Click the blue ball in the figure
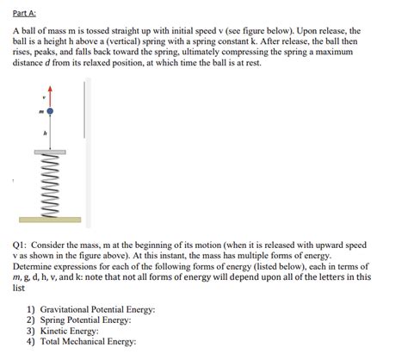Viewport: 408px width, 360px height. (50, 111)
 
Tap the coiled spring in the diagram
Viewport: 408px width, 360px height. (50, 184)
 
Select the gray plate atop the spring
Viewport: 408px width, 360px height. (50, 151)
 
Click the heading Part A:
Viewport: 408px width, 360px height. (27, 12)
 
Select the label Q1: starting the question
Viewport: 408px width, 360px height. (21, 245)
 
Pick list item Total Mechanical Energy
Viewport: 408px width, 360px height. (88, 342)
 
